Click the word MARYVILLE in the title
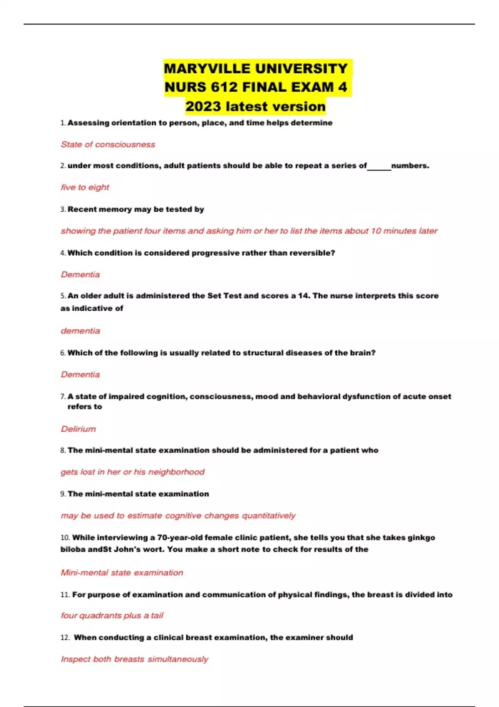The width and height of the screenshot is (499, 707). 203,69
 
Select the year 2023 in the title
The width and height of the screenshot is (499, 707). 203,106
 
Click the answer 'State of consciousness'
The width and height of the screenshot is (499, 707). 108,144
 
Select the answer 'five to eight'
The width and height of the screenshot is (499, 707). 85,187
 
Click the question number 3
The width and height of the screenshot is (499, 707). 63,210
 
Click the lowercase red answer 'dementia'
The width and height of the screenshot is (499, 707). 80,331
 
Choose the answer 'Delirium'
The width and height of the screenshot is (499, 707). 78,429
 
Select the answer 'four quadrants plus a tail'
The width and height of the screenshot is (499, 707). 112,616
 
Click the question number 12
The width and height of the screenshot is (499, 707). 65,638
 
